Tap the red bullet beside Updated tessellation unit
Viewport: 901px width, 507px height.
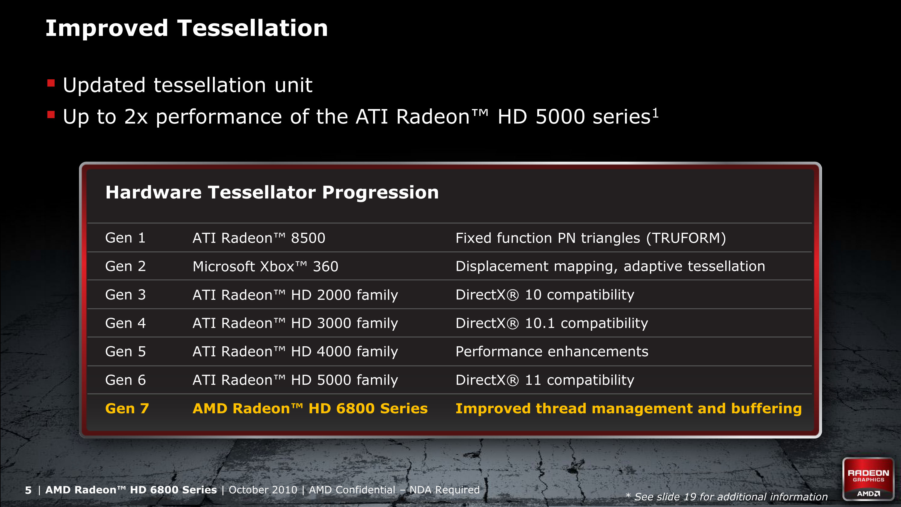pyautogui.click(x=51, y=83)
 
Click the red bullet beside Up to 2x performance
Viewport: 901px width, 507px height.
pyautogui.click(x=51, y=114)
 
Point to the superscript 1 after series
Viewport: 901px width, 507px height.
pyautogui.click(x=655, y=113)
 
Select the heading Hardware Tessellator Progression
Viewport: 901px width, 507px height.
pyautogui.click(x=272, y=193)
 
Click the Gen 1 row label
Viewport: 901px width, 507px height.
pyautogui.click(x=125, y=238)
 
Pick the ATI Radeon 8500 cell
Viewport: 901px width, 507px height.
pyautogui.click(x=259, y=238)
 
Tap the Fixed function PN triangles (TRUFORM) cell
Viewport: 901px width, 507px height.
pyautogui.click(x=591, y=238)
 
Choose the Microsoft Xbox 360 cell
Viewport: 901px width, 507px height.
pyautogui.click(x=265, y=267)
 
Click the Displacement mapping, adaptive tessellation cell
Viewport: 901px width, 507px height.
pyautogui.click(x=610, y=267)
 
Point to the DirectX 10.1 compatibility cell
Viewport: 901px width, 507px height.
pyautogui.click(x=552, y=323)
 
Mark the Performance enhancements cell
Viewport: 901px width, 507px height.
pyautogui.click(x=552, y=352)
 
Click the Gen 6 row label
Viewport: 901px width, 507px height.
pyautogui.click(x=126, y=380)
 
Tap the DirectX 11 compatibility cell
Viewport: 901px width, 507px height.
pyautogui.click(x=545, y=380)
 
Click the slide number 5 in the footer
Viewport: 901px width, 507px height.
pyautogui.click(x=28, y=490)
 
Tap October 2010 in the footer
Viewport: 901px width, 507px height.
pyautogui.click(x=263, y=490)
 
